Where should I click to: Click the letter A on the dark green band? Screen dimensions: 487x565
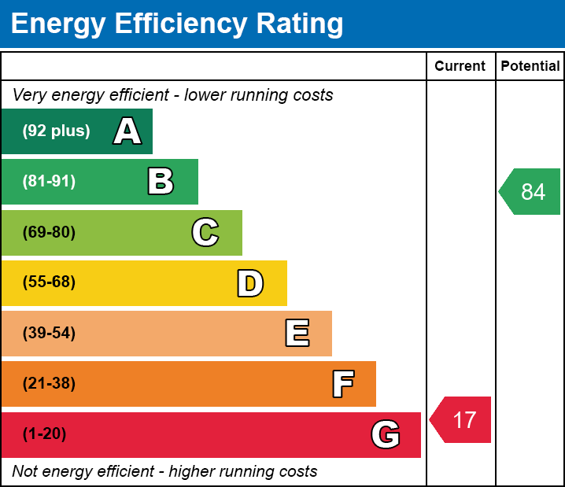(127, 131)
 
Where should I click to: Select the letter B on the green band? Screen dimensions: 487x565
(161, 182)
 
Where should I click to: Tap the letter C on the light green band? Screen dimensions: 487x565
(205, 233)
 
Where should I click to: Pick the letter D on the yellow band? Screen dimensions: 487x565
(250, 283)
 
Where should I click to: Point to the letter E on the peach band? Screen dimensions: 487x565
(297, 334)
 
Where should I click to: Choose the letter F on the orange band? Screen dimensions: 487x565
(342, 384)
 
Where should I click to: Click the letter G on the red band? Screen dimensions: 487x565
(386, 434)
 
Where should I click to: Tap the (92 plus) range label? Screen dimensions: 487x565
(56, 131)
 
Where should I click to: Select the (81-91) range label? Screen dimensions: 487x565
(49, 182)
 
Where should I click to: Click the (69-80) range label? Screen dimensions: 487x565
(49, 233)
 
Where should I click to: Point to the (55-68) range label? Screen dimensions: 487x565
(49, 282)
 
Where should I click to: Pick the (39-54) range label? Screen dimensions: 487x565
(49, 334)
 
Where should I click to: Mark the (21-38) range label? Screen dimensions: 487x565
(49, 384)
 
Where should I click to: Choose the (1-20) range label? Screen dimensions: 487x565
(45, 434)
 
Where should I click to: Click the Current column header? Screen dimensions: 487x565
(460, 67)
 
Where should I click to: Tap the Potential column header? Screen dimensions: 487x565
(530, 67)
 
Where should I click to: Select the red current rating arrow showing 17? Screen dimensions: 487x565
(462, 419)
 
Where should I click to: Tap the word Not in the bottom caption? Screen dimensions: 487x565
(25, 471)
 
